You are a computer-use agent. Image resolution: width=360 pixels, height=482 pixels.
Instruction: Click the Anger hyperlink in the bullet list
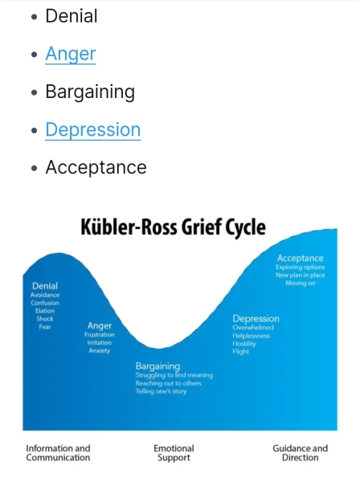[x=71, y=54]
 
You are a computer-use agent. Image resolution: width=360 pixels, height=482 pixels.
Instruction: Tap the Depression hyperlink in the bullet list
[x=93, y=129]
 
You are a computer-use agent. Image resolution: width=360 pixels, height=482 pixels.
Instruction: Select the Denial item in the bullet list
[x=72, y=16]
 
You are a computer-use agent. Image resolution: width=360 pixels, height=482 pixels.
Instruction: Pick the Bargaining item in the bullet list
[x=90, y=92]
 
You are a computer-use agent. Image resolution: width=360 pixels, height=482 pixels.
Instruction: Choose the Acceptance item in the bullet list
[x=96, y=168]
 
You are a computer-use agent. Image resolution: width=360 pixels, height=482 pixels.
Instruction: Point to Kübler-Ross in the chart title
[x=129, y=227]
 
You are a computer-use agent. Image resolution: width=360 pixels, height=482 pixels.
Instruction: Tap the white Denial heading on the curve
[x=45, y=286]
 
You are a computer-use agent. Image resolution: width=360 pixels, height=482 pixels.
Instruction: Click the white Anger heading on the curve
[x=100, y=325]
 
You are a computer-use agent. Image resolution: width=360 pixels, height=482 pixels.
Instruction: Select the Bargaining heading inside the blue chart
[x=157, y=366]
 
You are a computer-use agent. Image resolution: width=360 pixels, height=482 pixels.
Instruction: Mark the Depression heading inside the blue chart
[x=256, y=318]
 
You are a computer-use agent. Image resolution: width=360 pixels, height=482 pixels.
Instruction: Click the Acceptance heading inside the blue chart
[x=300, y=258]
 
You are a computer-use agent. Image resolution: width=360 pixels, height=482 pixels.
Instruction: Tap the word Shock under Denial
[x=45, y=319]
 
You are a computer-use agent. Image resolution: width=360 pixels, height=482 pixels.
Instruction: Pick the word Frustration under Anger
[x=100, y=334]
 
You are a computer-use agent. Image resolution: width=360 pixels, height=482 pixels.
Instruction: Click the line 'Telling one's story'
[x=161, y=391]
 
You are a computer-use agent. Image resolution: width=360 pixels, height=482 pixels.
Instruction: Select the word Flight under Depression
[x=241, y=352]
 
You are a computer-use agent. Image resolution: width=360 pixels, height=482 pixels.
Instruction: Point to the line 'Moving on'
[x=300, y=283]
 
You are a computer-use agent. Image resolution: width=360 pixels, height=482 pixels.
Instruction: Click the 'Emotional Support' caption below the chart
[x=174, y=453]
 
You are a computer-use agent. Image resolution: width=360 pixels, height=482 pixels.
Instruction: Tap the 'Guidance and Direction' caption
[x=300, y=453]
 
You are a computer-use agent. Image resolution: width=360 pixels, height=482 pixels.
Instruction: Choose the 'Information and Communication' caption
[x=58, y=453]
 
